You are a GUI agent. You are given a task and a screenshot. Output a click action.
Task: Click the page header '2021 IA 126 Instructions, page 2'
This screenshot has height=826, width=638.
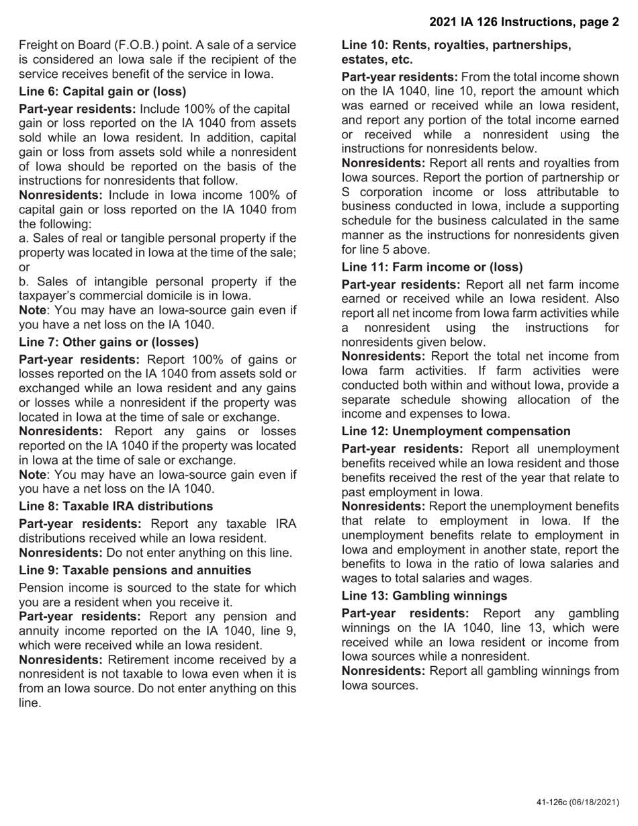[x=524, y=22]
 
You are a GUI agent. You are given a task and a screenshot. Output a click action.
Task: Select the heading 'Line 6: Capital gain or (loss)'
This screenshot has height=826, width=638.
[x=103, y=91]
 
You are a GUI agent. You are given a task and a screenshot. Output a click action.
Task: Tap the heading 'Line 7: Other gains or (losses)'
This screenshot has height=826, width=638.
[x=109, y=342]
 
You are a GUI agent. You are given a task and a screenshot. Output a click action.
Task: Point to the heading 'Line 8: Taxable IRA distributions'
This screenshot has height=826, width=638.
[x=116, y=506]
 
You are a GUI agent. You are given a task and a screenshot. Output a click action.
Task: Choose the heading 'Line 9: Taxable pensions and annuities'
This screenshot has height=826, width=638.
[x=135, y=570]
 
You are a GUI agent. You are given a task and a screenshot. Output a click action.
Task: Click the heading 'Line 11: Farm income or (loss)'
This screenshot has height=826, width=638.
[x=432, y=267]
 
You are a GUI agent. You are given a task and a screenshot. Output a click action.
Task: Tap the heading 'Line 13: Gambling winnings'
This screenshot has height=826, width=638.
[x=424, y=596]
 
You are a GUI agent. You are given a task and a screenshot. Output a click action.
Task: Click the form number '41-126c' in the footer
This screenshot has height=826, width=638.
[x=551, y=802]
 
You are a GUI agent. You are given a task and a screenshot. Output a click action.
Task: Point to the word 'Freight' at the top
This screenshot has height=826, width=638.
[x=39, y=45]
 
